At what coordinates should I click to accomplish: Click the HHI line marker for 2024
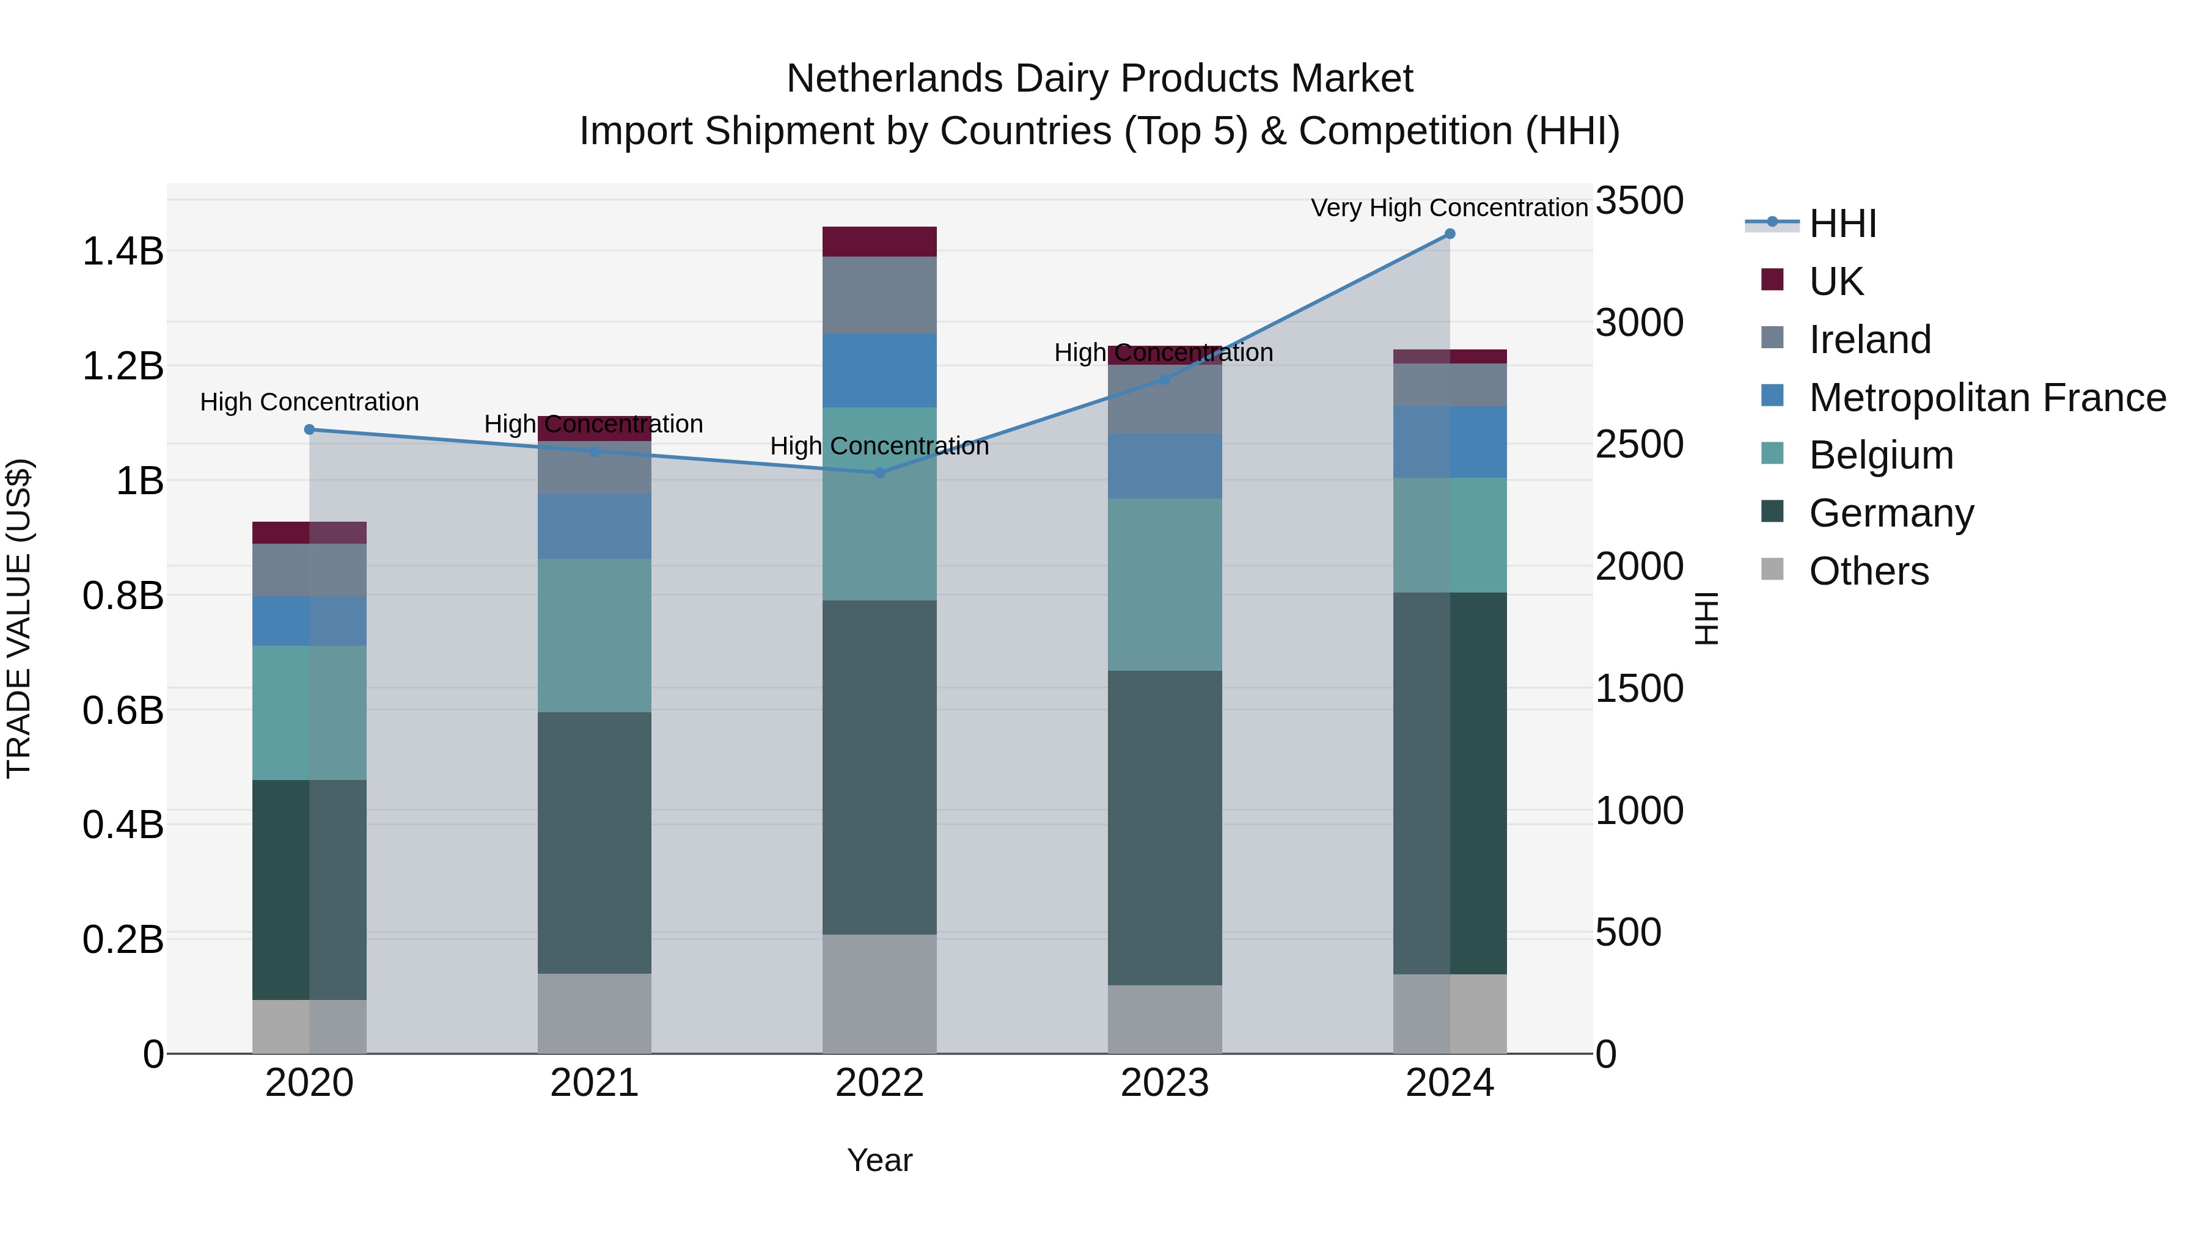point(1450,234)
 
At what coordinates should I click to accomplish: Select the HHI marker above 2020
point(309,429)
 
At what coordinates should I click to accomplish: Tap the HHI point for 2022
point(879,472)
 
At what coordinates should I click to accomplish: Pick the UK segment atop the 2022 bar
point(879,241)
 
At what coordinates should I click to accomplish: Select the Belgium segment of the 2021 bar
point(595,635)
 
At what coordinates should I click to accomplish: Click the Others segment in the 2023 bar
point(1165,1020)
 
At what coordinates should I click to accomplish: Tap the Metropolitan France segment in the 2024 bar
point(1450,442)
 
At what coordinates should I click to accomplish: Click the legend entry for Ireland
point(1869,340)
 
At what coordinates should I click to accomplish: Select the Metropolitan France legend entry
point(1987,398)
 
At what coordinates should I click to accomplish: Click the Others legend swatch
point(1772,569)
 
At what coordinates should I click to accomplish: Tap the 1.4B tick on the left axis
point(123,252)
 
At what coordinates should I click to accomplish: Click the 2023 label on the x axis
point(1165,1083)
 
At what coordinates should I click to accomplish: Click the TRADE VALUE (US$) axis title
point(19,618)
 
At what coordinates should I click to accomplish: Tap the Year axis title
point(879,1160)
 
